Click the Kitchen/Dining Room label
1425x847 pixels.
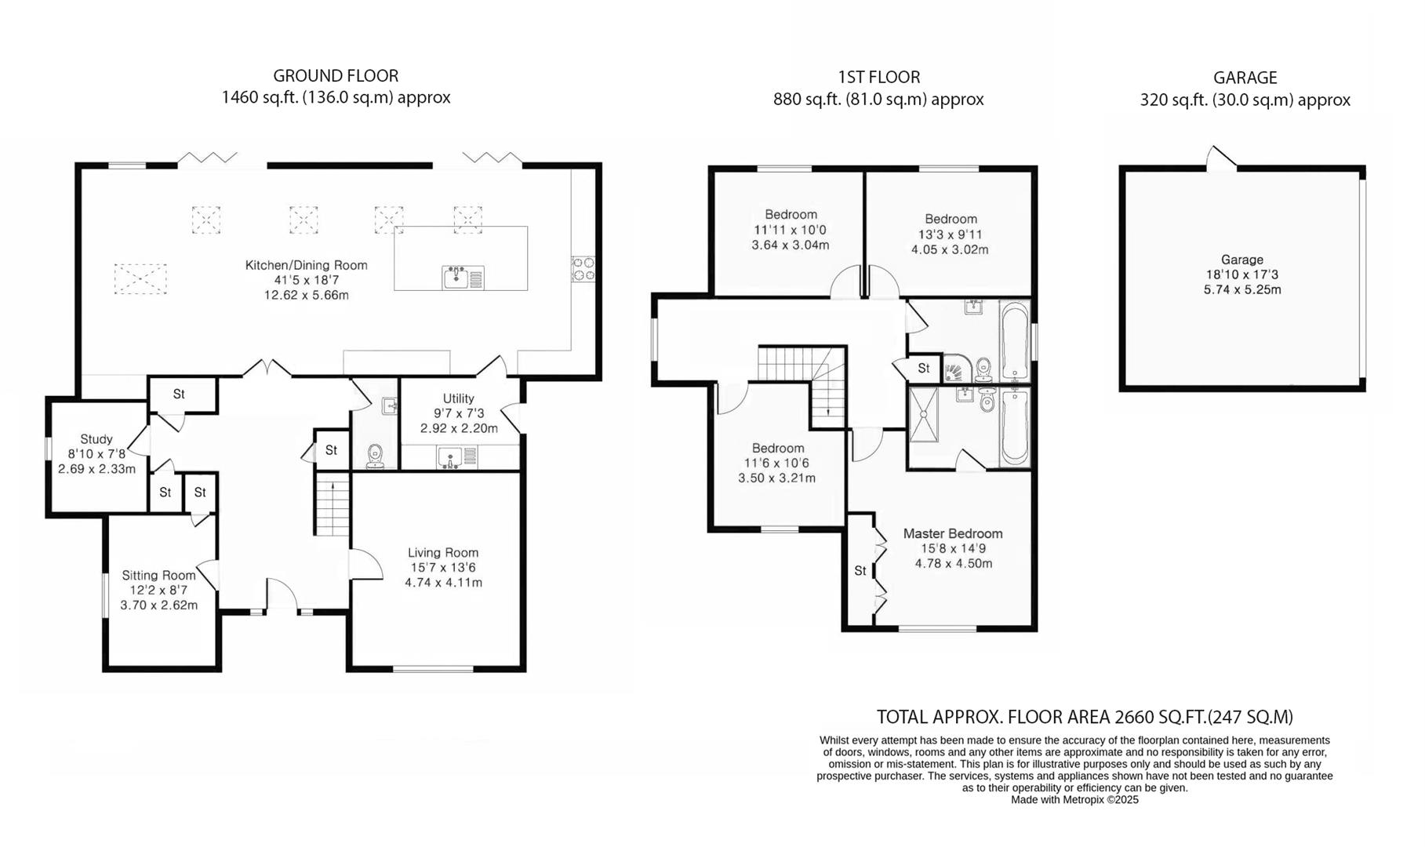[306, 265]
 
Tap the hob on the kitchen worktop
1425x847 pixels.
[583, 268]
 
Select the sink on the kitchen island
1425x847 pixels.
[456, 277]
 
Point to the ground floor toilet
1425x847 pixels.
[375, 455]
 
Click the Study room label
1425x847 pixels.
[96, 439]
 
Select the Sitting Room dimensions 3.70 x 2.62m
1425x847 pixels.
[158, 605]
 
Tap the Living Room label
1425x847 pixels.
[443, 552]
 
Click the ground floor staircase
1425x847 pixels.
[333, 506]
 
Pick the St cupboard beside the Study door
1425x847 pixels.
[179, 394]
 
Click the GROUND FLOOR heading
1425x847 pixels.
[336, 76]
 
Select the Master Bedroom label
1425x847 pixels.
[953, 533]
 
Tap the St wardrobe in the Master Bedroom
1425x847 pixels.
[860, 571]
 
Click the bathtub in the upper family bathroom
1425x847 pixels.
[1014, 341]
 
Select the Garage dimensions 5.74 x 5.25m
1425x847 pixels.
[1242, 289]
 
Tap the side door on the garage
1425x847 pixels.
[1220, 158]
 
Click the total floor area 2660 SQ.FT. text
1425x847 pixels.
[1084, 716]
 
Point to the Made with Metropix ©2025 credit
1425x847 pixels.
[1074, 800]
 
